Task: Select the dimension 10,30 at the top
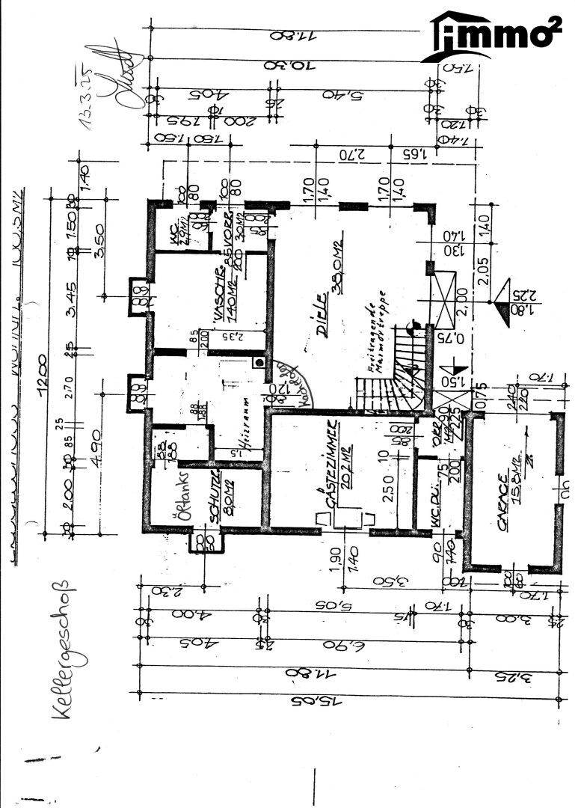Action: pos(288,65)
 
